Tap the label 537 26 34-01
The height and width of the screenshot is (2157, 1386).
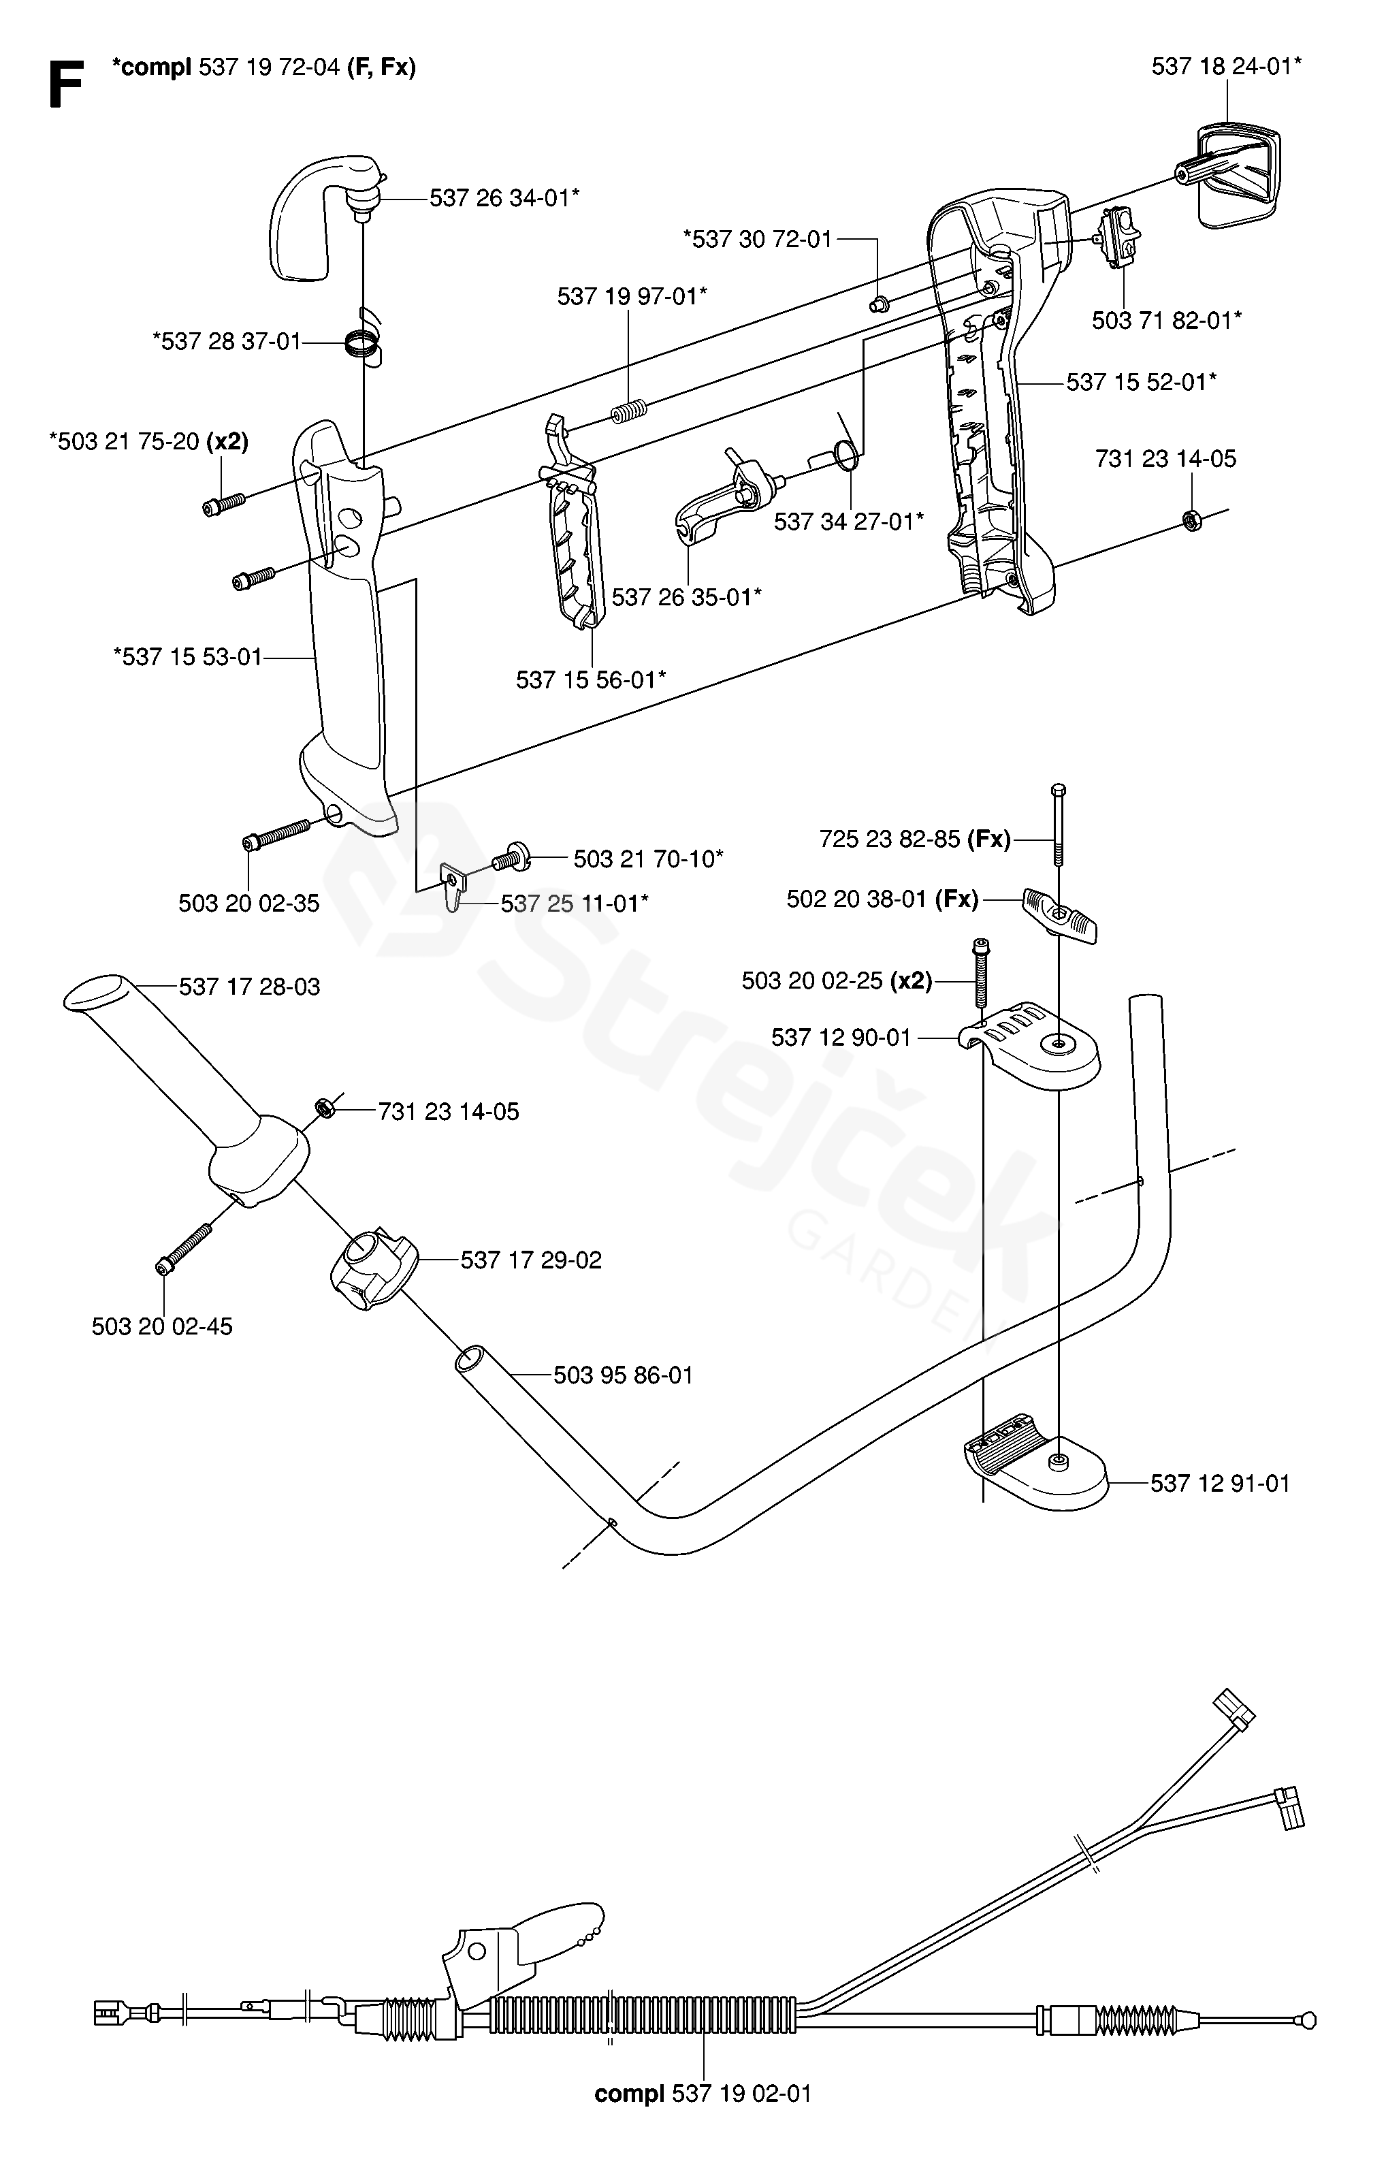click(504, 198)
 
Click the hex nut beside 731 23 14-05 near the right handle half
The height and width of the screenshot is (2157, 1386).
click(1191, 520)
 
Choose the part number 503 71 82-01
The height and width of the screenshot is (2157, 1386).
click(1166, 321)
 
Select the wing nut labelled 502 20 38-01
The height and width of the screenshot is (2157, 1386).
click(1060, 916)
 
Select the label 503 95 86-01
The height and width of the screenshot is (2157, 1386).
click(623, 1375)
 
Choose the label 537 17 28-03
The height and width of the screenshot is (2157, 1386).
click(249, 987)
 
